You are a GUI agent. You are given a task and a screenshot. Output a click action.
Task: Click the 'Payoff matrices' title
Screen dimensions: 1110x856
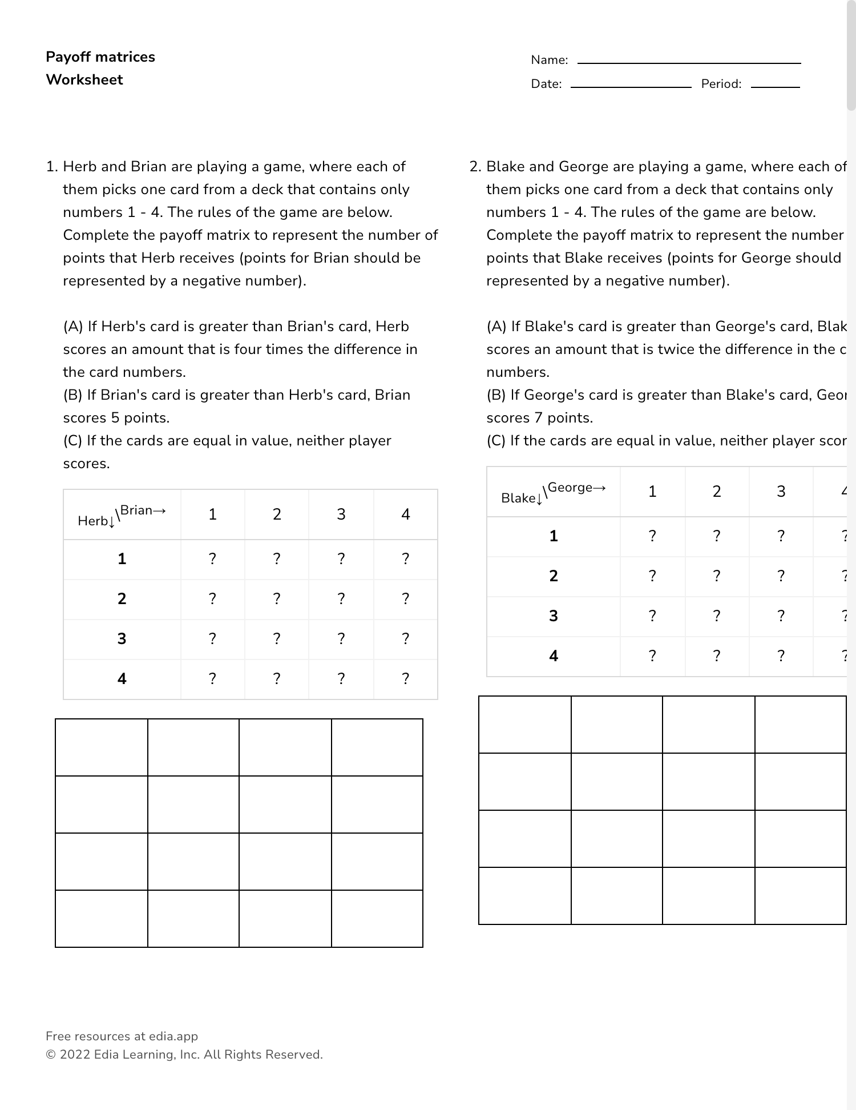point(100,57)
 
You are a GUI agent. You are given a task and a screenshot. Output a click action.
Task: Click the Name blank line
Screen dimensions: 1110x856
point(689,62)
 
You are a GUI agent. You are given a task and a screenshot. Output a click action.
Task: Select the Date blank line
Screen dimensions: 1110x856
point(631,86)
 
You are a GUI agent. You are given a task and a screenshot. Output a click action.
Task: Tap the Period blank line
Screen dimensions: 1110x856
point(775,86)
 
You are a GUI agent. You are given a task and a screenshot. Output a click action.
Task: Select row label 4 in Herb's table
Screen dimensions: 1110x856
point(122,679)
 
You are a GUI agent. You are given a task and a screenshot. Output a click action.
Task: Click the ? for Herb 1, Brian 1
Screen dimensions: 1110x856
point(212,559)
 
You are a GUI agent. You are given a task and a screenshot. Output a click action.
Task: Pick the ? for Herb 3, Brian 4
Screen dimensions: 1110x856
point(405,639)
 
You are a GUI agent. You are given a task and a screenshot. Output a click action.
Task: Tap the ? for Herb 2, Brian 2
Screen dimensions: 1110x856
point(277,599)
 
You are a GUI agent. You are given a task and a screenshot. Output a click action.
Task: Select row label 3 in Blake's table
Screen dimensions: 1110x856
point(554,616)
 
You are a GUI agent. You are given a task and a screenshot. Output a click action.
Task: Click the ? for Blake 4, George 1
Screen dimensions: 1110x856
point(652,656)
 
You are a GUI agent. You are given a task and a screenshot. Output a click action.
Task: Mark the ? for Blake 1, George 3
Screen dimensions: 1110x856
point(781,536)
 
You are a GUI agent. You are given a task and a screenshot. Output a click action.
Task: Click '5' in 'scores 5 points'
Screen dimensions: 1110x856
point(115,418)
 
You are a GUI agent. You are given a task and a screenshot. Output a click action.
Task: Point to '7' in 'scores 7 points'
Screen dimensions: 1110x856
point(539,418)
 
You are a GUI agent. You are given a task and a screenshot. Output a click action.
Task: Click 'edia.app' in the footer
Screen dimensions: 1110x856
point(173,1036)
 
